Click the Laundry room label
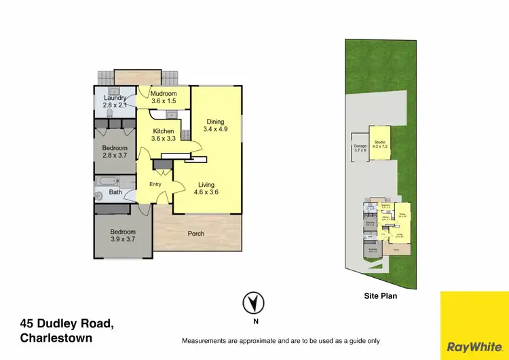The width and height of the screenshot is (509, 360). (115, 102)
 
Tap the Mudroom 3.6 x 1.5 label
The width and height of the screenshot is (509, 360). (164, 97)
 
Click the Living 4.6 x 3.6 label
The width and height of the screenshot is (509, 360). (206, 189)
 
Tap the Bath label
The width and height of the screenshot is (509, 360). (115, 193)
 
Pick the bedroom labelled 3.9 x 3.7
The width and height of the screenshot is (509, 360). (123, 236)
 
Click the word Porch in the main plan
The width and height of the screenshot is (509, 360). (196, 234)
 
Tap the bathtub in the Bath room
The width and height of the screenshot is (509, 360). (107, 181)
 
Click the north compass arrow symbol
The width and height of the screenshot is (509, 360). (254, 302)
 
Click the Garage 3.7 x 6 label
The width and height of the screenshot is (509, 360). (360, 148)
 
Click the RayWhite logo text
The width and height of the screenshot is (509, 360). (474, 346)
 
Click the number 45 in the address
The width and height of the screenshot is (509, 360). (28, 323)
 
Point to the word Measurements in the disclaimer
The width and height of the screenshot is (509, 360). (208, 341)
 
